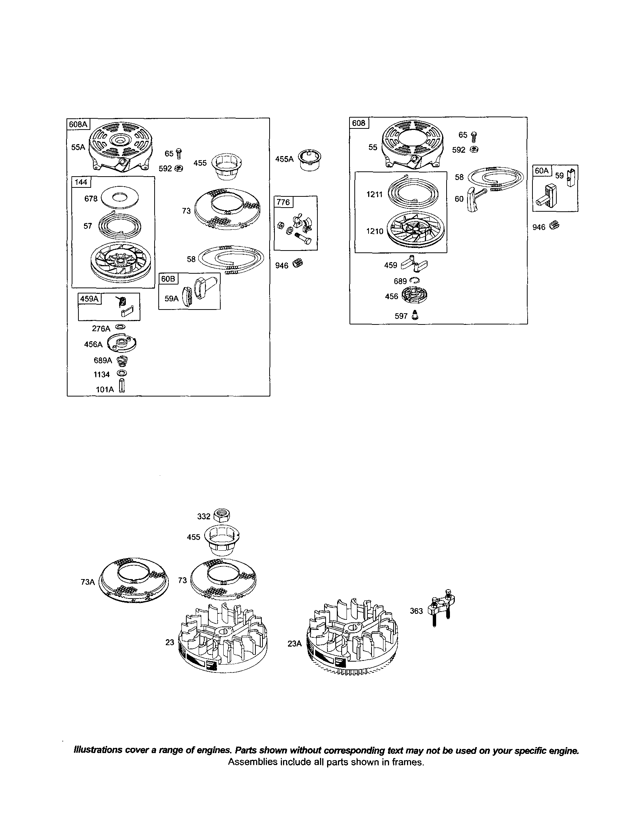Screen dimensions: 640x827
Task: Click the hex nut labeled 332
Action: [222, 515]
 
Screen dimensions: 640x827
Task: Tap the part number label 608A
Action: [78, 124]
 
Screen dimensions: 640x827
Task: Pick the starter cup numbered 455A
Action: [309, 160]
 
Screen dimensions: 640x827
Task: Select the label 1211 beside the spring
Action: [374, 194]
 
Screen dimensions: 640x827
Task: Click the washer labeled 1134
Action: [122, 374]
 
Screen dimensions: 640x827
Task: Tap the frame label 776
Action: [283, 202]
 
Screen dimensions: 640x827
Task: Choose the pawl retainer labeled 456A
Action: [122, 343]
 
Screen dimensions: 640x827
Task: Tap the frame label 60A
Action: [542, 171]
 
